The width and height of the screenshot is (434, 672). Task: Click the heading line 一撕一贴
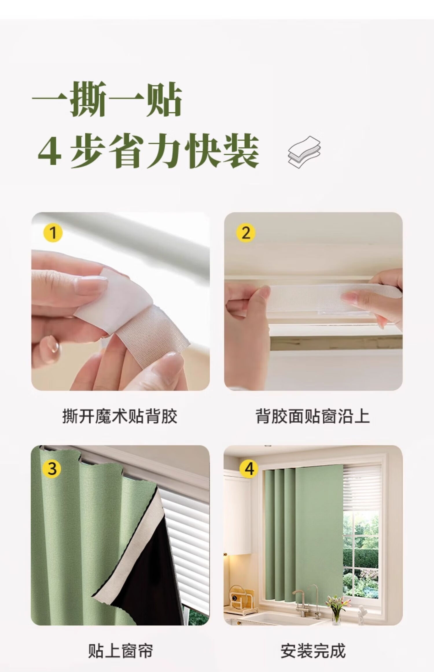107,99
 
